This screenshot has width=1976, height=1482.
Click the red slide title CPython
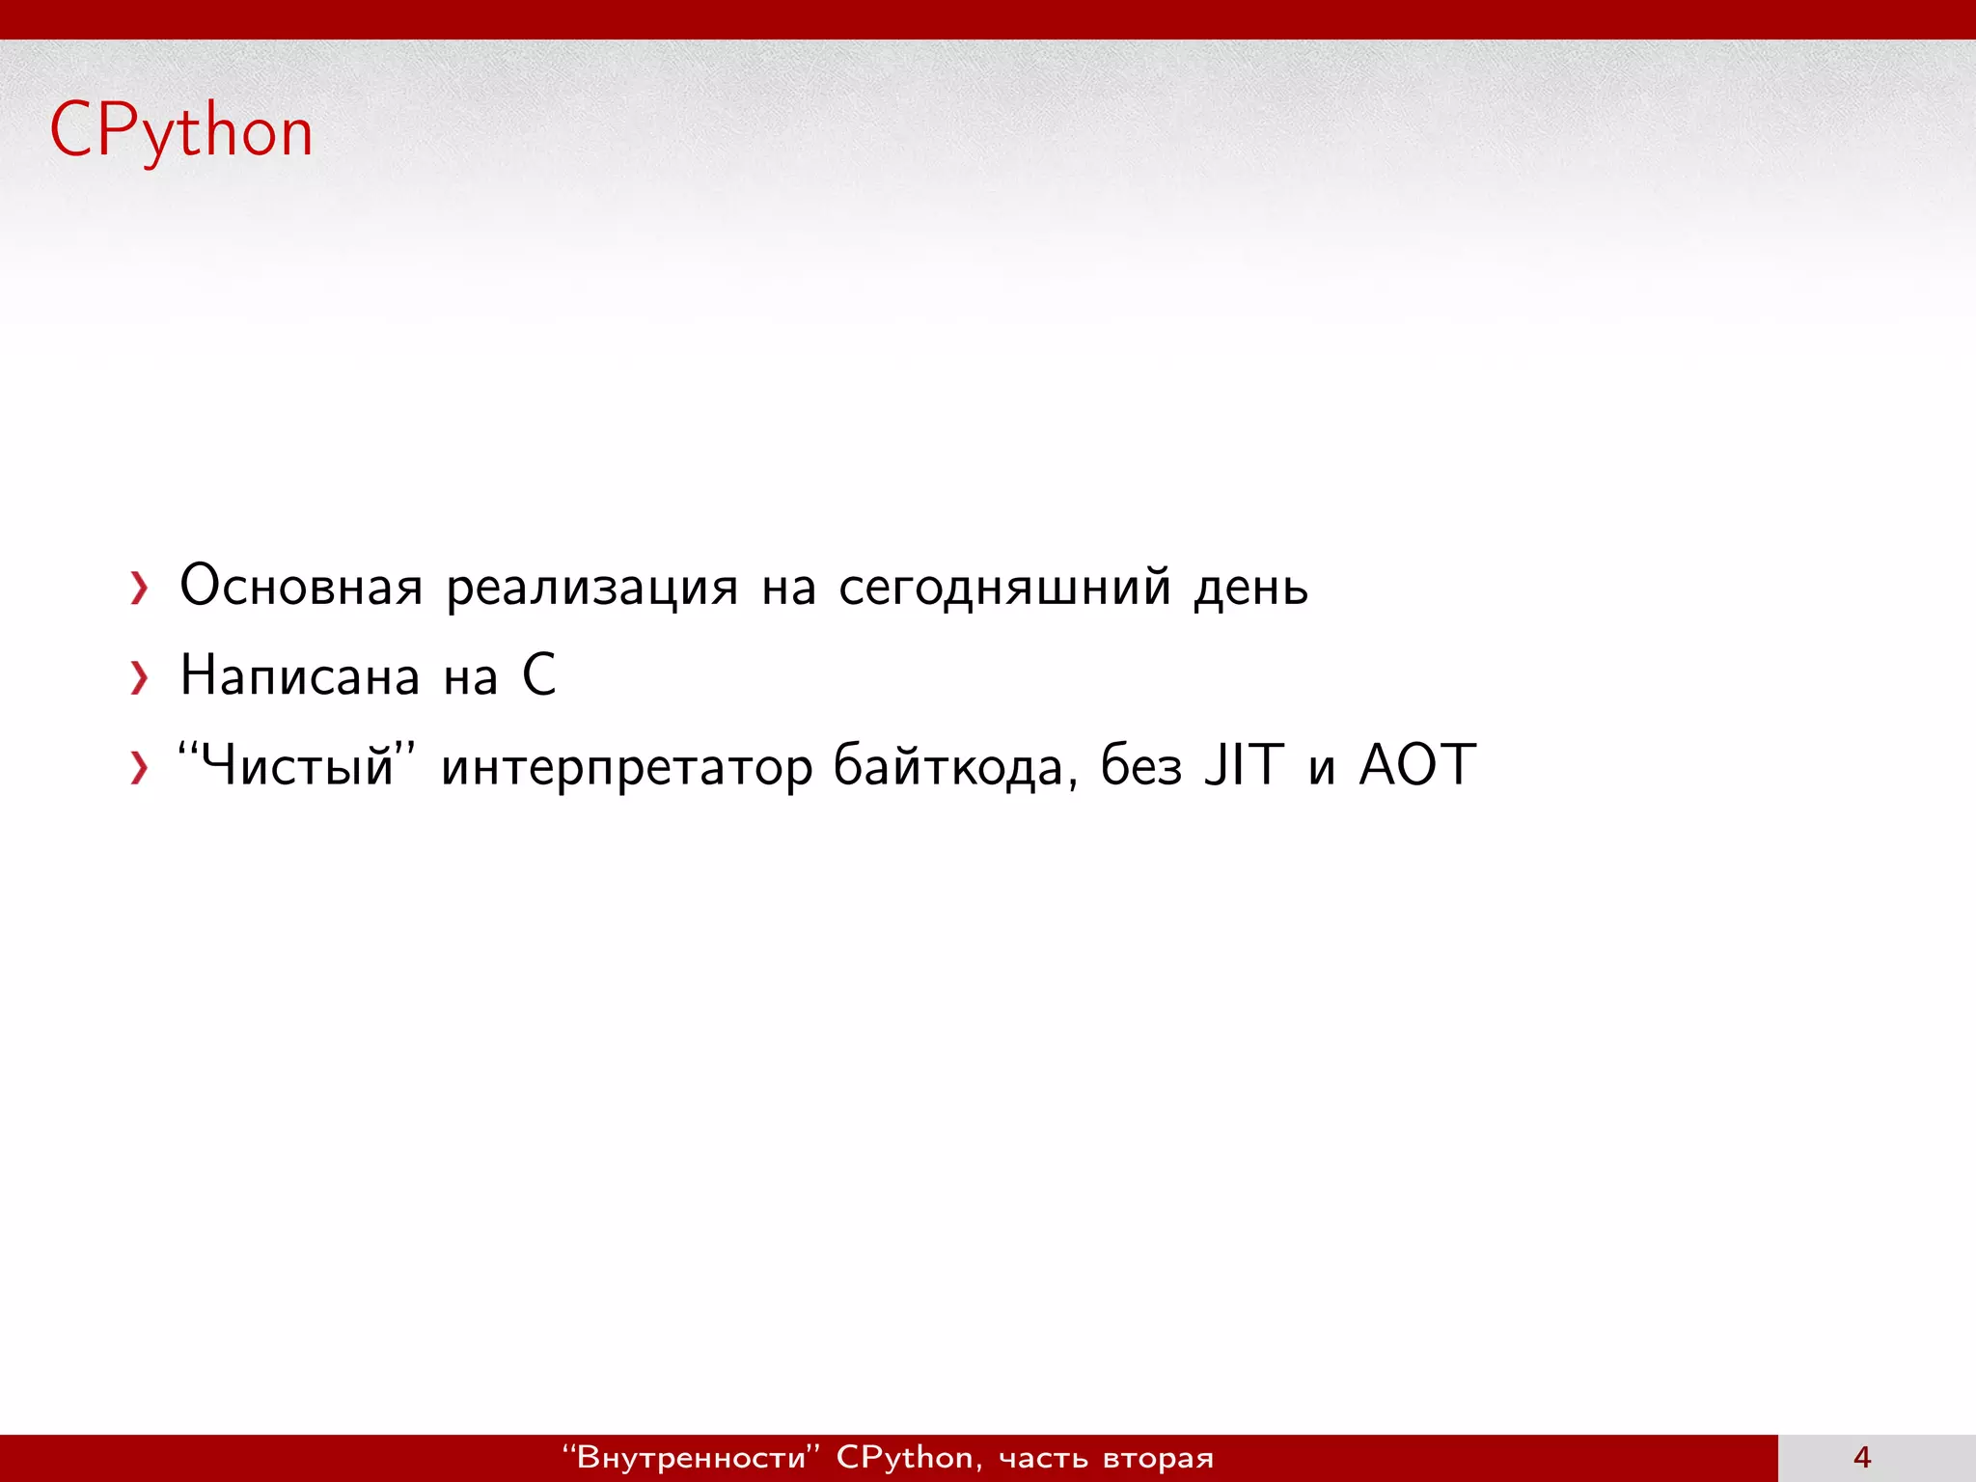coord(181,131)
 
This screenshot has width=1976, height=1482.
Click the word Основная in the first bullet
coord(301,586)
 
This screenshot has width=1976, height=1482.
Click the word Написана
coord(300,675)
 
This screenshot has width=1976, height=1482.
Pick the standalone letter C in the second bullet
coord(539,674)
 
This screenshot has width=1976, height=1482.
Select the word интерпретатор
coord(626,768)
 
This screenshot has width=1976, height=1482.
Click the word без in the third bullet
coord(1141,766)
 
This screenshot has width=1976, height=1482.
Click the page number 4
coord(1862,1457)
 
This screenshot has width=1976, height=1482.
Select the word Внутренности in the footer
coord(691,1457)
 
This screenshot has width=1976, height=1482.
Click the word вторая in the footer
coord(1158,1458)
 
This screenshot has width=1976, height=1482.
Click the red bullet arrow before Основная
coord(140,588)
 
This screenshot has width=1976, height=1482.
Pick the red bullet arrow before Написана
coord(140,677)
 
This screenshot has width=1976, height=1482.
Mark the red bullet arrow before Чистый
coord(140,768)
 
